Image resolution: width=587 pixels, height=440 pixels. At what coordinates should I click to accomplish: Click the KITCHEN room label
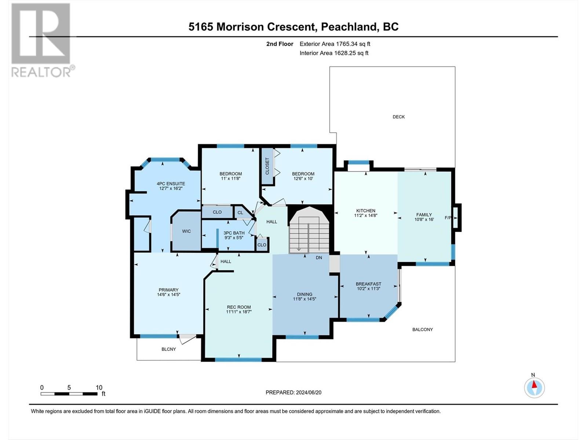click(x=365, y=210)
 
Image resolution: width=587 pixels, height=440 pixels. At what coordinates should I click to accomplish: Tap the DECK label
click(x=398, y=117)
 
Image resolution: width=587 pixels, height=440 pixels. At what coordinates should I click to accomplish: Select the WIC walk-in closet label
click(x=186, y=231)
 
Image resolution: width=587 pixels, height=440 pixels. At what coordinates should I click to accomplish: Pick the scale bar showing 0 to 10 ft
click(x=69, y=394)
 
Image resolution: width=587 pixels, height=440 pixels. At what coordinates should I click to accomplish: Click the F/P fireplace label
click(x=448, y=218)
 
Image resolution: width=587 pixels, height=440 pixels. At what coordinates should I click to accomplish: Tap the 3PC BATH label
click(x=234, y=233)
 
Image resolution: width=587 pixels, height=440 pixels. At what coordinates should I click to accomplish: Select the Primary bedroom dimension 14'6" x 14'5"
click(x=168, y=294)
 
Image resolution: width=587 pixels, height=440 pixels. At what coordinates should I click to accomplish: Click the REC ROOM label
click(x=239, y=307)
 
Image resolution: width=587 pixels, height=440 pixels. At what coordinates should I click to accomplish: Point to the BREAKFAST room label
click(x=368, y=284)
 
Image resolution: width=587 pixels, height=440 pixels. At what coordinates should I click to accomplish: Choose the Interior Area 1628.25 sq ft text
click(x=334, y=53)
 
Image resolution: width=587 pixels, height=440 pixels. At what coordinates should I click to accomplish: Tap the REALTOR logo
click(x=42, y=40)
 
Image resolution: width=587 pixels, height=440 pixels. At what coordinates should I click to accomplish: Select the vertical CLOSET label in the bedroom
click(x=267, y=166)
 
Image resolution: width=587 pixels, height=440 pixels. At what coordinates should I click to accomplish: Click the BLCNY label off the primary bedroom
click(x=168, y=349)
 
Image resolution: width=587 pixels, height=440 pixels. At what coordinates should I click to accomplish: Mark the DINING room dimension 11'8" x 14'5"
click(x=305, y=299)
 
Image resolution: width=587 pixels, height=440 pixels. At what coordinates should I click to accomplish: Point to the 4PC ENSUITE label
click(x=171, y=184)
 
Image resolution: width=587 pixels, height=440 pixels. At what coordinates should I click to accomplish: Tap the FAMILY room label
click(x=424, y=214)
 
